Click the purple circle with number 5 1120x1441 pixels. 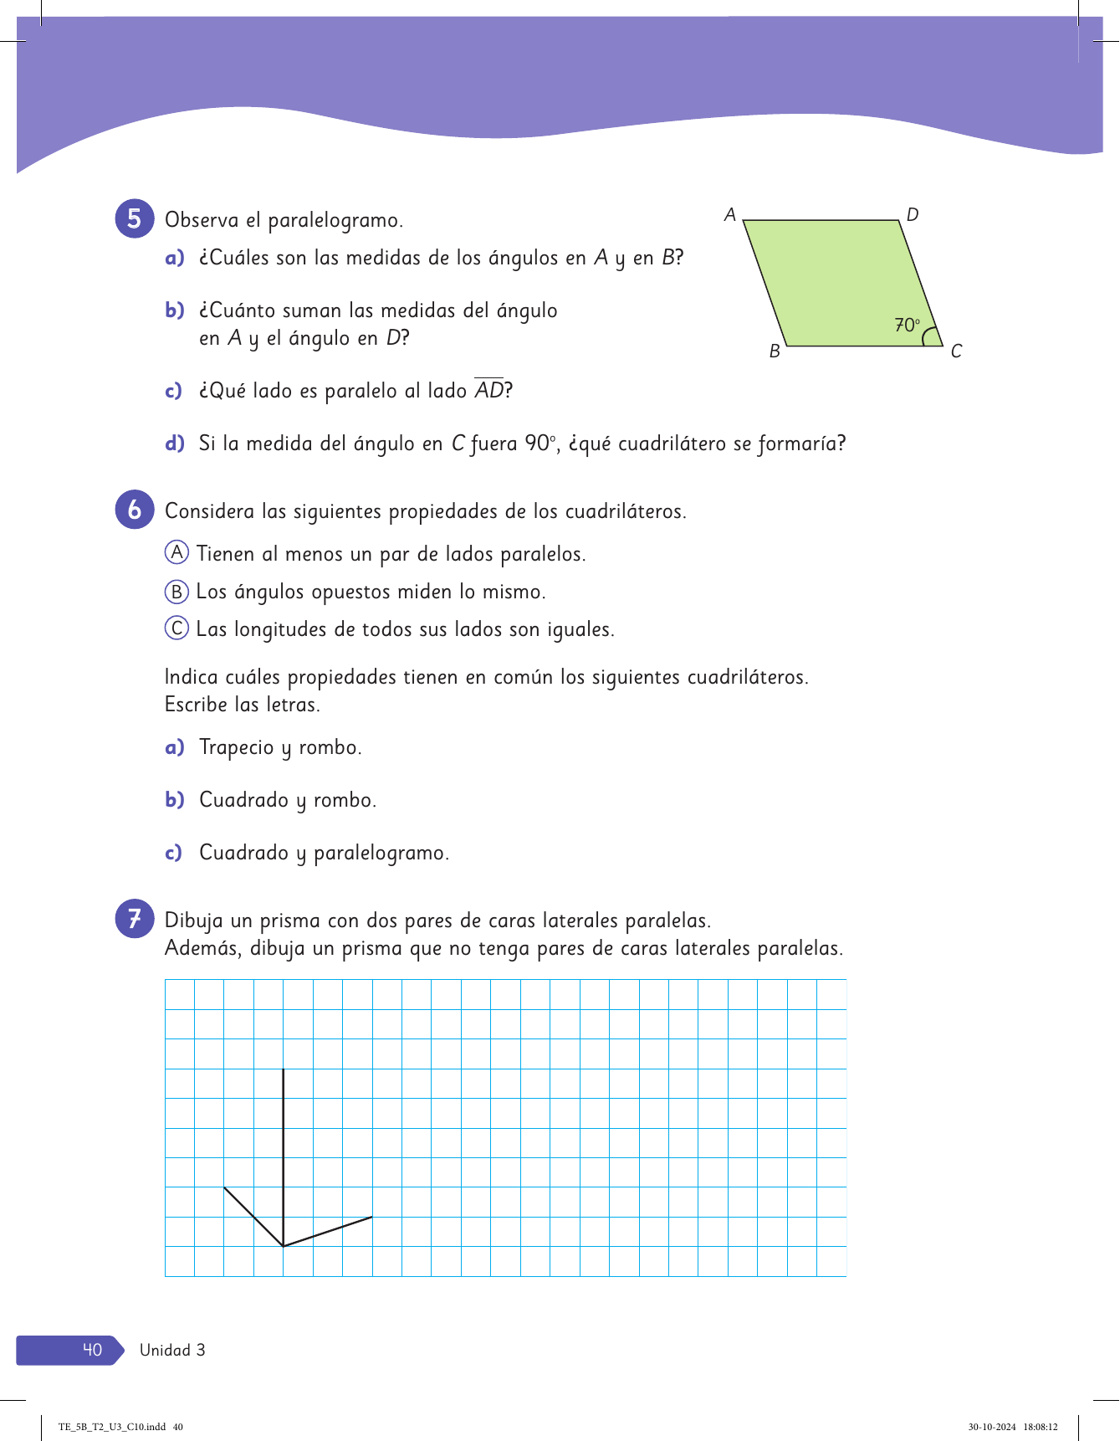click(x=135, y=218)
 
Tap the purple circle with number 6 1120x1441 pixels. click(x=135, y=510)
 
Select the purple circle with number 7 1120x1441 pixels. click(x=135, y=919)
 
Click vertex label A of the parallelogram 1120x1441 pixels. click(x=730, y=215)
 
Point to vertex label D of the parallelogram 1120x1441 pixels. click(x=913, y=215)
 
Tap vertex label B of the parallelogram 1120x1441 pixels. click(x=775, y=351)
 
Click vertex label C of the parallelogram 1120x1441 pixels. click(x=956, y=351)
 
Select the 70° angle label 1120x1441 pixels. click(x=907, y=325)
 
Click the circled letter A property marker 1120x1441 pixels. click(x=176, y=552)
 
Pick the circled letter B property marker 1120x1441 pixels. click(x=176, y=592)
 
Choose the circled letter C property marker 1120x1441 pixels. click(x=176, y=628)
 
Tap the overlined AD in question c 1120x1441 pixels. click(x=489, y=390)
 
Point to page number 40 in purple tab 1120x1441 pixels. click(x=92, y=1350)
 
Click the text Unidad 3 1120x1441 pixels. click(x=172, y=1350)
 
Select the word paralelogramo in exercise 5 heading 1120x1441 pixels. click(x=335, y=221)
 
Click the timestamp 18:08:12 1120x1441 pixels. click(x=1041, y=1428)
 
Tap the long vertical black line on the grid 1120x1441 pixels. click(x=284, y=1155)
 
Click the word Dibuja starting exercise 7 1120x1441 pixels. click(x=194, y=920)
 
